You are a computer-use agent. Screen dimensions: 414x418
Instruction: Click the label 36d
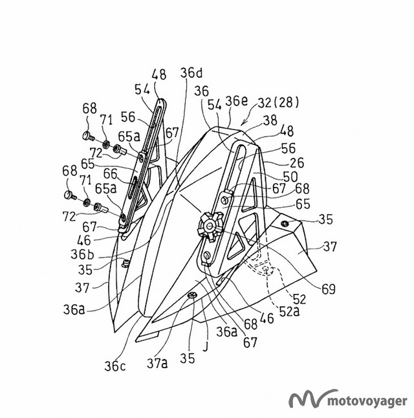coord(191,72)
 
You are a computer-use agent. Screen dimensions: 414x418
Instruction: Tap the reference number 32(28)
coord(279,102)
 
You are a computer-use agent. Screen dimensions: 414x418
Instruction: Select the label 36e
coord(237,101)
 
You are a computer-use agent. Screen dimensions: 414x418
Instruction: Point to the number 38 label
coord(270,120)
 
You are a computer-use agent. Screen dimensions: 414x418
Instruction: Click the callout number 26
coord(297,162)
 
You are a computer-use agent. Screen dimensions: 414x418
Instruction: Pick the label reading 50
coord(290,177)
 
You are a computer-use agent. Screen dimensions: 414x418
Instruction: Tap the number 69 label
coord(329,289)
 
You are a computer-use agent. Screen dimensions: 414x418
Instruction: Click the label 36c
coord(115,366)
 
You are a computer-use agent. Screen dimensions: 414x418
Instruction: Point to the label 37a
coord(157,363)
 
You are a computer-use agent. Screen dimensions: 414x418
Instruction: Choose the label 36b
coord(82,254)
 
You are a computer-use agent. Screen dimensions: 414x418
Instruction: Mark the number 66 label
coord(111,174)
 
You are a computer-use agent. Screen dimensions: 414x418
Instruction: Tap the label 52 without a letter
coord(299,299)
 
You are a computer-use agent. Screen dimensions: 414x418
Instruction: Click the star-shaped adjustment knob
coord(210,226)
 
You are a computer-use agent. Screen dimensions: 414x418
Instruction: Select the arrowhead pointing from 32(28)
coord(243,123)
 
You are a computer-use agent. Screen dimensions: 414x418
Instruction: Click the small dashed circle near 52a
coord(266,269)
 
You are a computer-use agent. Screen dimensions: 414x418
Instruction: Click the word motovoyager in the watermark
coord(367,401)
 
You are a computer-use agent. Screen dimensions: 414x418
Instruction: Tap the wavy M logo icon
coord(309,399)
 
